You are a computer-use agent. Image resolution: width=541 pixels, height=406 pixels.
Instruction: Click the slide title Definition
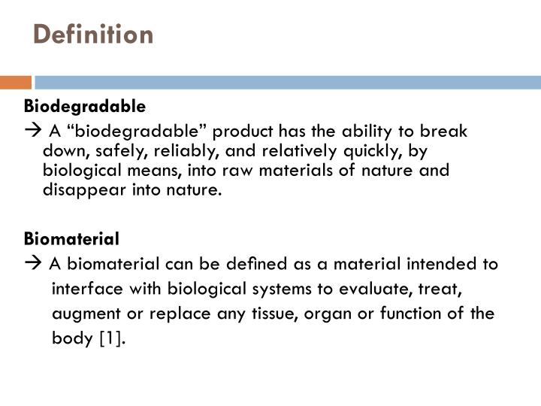(94, 35)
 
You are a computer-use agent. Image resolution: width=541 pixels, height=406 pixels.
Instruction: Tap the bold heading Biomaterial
(72, 239)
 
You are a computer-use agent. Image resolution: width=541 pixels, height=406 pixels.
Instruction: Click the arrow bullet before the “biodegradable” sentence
(32, 132)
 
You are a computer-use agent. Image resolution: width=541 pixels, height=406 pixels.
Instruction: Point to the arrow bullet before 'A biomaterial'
(32, 265)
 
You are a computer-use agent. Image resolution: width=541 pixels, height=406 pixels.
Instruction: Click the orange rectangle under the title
(15, 82)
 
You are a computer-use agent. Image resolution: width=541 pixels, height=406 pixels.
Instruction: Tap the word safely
(112, 151)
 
